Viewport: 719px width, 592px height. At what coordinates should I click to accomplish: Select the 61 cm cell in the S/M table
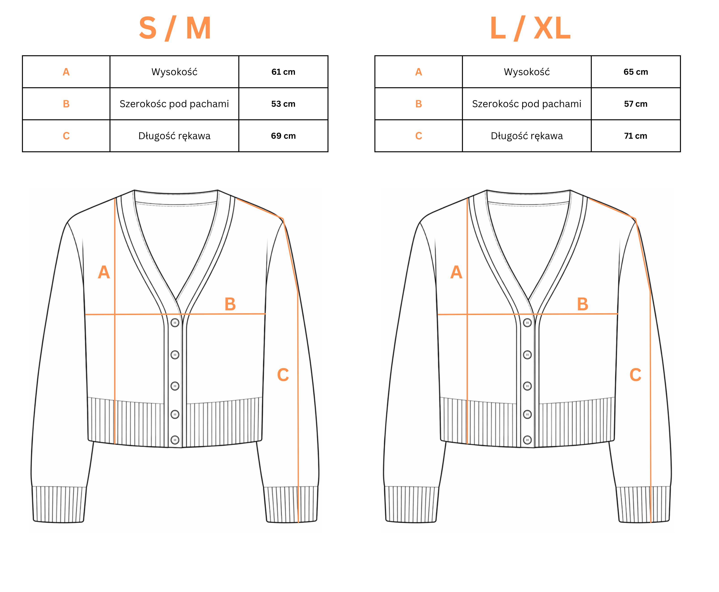(x=283, y=72)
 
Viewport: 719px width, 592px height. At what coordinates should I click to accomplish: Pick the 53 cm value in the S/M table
(x=283, y=104)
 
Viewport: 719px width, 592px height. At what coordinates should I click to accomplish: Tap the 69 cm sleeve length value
(x=283, y=136)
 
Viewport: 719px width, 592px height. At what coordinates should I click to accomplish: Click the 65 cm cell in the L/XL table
(x=636, y=72)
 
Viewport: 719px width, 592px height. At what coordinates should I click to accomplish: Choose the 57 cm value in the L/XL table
(x=636, y=104)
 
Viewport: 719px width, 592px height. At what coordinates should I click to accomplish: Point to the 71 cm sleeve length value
(x=636, y=136)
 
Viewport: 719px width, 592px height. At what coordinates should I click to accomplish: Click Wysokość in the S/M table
(x=174, y=72)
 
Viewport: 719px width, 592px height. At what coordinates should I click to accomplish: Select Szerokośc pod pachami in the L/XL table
(x=527, y=104)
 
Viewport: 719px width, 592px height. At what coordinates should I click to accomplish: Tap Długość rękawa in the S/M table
(x=174, y=136)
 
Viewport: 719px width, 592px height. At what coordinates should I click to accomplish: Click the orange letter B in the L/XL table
(x=418, y=104)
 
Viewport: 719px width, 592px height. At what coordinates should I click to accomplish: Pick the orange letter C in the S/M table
(x=66, y=136)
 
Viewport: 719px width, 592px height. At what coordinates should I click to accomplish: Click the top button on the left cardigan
(x=175, y=323)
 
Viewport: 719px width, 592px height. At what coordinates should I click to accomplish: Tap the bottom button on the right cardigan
(x=527, y=440)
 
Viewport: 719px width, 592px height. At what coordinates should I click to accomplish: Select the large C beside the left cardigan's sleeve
(x=283, y=375)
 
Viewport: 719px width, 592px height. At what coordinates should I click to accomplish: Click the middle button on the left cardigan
(x=175, y=386)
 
